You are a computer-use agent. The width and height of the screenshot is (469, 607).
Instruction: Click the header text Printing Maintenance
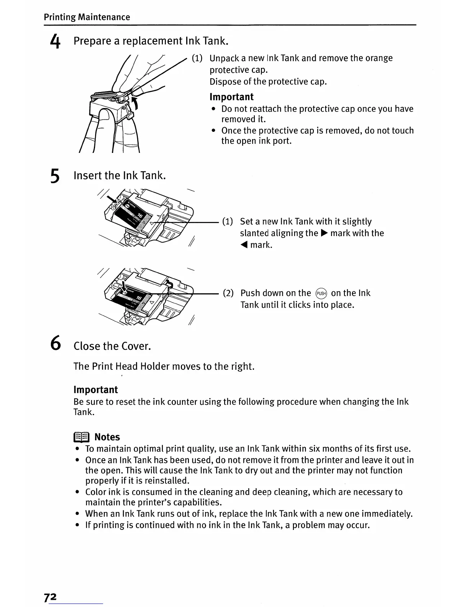[87, 17]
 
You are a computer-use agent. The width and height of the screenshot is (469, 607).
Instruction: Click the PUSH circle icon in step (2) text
[321, 294]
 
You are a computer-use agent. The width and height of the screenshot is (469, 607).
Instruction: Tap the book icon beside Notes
[81, 437]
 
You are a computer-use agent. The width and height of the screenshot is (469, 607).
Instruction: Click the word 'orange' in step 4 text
[379, 58]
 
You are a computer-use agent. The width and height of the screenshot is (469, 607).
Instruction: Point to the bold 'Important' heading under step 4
[231, 97]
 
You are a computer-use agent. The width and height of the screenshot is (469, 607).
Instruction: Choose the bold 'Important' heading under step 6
[95, 390]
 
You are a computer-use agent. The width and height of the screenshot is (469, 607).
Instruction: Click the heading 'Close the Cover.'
[112, 346]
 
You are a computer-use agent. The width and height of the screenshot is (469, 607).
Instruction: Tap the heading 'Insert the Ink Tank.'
[120, 176]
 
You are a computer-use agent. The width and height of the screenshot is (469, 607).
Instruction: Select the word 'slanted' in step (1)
[254, 233]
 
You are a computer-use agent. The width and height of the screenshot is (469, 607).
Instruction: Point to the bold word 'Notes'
[107, 437]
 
